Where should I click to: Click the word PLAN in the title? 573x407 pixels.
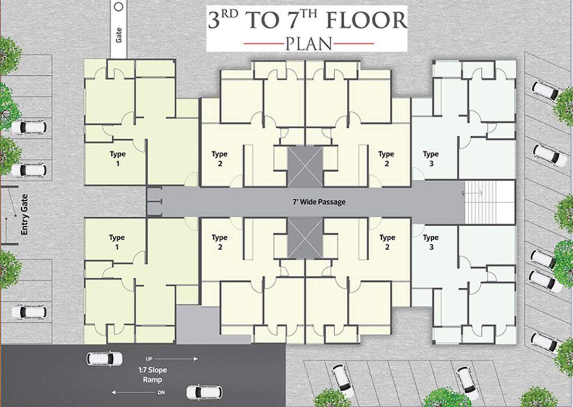308,43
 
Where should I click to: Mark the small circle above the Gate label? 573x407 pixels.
119,6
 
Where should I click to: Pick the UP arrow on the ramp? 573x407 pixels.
175,359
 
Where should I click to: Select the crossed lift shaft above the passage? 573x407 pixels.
305,166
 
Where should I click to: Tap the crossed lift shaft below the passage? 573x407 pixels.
305,238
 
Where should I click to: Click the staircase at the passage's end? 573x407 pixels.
489,202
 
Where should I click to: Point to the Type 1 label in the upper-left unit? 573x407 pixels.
117,158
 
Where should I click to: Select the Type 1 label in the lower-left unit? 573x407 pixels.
117,242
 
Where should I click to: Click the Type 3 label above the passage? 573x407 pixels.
431,158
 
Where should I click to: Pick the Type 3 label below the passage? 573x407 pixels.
431,242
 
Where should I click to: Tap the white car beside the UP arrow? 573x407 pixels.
104,359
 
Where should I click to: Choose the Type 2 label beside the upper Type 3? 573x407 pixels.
387,158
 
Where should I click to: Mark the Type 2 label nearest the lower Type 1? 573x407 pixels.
219,242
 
